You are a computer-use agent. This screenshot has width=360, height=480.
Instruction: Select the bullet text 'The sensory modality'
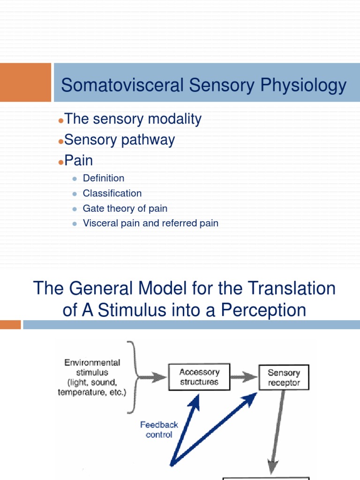point(133,119)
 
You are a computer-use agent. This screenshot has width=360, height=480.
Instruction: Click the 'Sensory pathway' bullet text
point(120,140)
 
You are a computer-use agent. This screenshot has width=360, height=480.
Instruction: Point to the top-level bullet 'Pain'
point(79,160)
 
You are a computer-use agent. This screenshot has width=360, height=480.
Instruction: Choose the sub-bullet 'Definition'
point(104,178)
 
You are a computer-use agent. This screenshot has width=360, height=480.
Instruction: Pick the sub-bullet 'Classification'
point(112,193)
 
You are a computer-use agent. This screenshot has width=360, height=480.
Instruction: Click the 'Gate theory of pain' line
point(125,208)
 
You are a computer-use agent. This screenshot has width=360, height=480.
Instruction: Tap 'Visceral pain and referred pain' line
point(150,223)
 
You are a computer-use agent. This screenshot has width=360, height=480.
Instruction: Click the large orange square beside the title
point(25,82)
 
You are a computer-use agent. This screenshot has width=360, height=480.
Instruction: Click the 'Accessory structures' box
point(199,377)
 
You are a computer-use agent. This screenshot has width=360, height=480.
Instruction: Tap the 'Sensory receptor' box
point(284,378)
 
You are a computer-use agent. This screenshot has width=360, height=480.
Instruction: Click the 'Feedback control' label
point(159,429)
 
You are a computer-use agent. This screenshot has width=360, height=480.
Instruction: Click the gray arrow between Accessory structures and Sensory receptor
point(244,377)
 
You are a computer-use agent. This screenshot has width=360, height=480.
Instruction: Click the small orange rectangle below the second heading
point(10,324)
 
